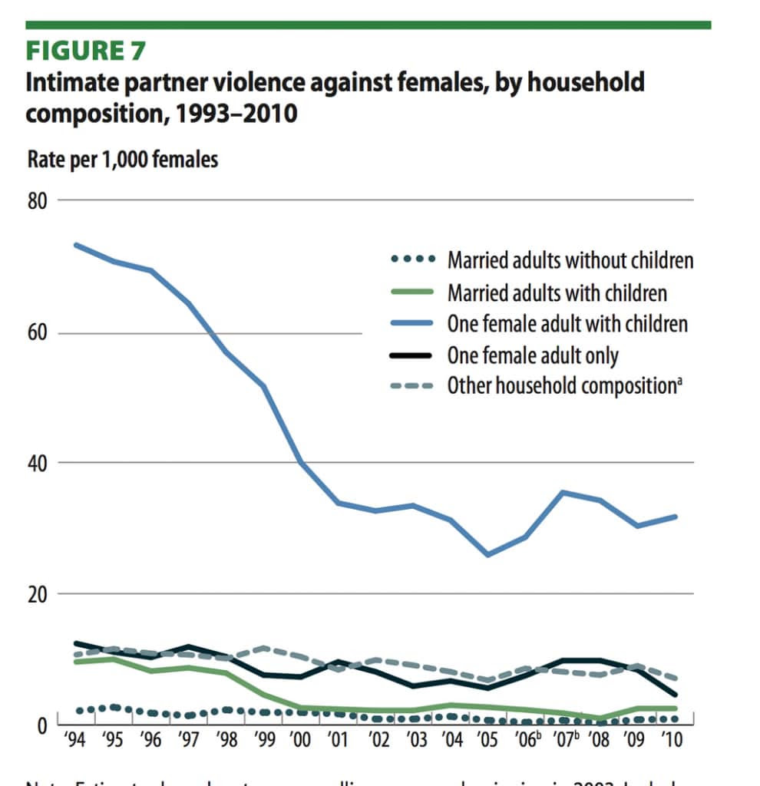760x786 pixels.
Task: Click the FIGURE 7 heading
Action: click(86, 51)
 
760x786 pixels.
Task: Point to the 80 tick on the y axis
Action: click(38, 202)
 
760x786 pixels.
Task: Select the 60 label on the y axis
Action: click(38, 334)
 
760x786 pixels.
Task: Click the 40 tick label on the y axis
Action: click(38, 464)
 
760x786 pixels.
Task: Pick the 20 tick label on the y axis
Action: click(38, 594)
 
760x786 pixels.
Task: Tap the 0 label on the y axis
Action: click(42, 725)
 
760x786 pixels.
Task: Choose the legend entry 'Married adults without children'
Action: click(570, 260)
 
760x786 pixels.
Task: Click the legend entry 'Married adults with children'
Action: click(557, 292)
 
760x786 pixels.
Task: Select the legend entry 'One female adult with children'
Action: click(567, 323)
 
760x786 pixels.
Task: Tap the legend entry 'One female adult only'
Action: click(533, 355)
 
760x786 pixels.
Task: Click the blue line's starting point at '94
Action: click(75, 245)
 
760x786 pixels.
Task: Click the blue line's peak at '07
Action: click(563, 492)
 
